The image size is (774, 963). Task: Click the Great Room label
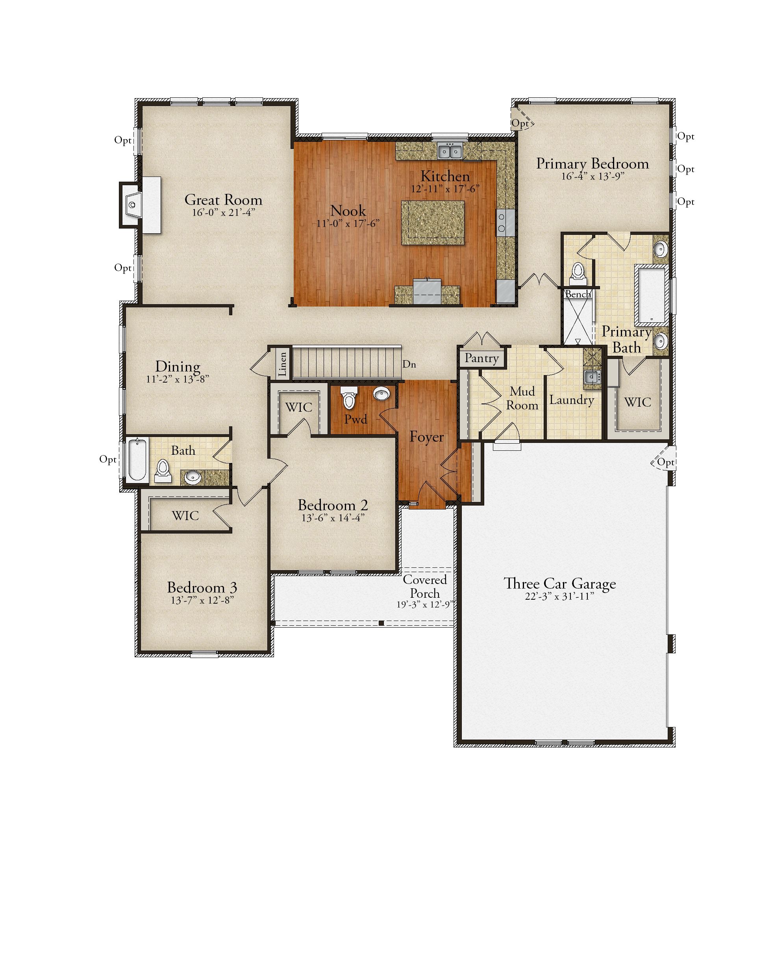[x=223, y=200]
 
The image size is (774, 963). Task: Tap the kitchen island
[x=432, y=223]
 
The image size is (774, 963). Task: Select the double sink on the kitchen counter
[x=449, y=151]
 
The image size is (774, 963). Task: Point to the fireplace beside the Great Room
[x=131, y=205]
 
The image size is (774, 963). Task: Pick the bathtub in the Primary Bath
[x=651, y=294]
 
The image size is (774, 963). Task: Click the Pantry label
[x=481, y=358]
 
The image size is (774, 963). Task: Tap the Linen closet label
[x=282, y=364]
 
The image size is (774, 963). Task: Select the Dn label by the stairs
[x=409, y=364]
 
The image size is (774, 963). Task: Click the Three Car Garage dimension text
[x=559, y=596]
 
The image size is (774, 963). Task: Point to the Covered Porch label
[x=424, y=586]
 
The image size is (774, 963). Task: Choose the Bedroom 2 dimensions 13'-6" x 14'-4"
[x=333, y=518]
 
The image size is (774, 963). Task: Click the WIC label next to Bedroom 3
[x=185, y=515]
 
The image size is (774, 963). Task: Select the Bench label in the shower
[x=577, y=294]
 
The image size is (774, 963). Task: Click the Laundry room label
[x=571, y=400]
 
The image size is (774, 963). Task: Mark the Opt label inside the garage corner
[x=665, y=462]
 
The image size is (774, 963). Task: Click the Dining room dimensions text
[x=177, y=379]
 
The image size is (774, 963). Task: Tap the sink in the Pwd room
[x=381, y=394]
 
